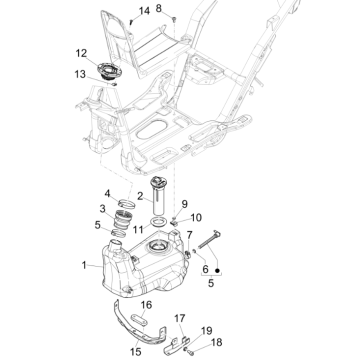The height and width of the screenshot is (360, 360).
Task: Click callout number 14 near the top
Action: coord(143,10)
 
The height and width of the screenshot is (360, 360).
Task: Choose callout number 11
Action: coord(140,228)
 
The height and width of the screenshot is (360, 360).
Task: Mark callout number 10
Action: coord(196,217)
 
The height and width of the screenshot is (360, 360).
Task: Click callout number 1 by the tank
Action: coord(84,266)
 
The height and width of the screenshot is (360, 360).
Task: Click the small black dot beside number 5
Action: coord(217,270)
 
